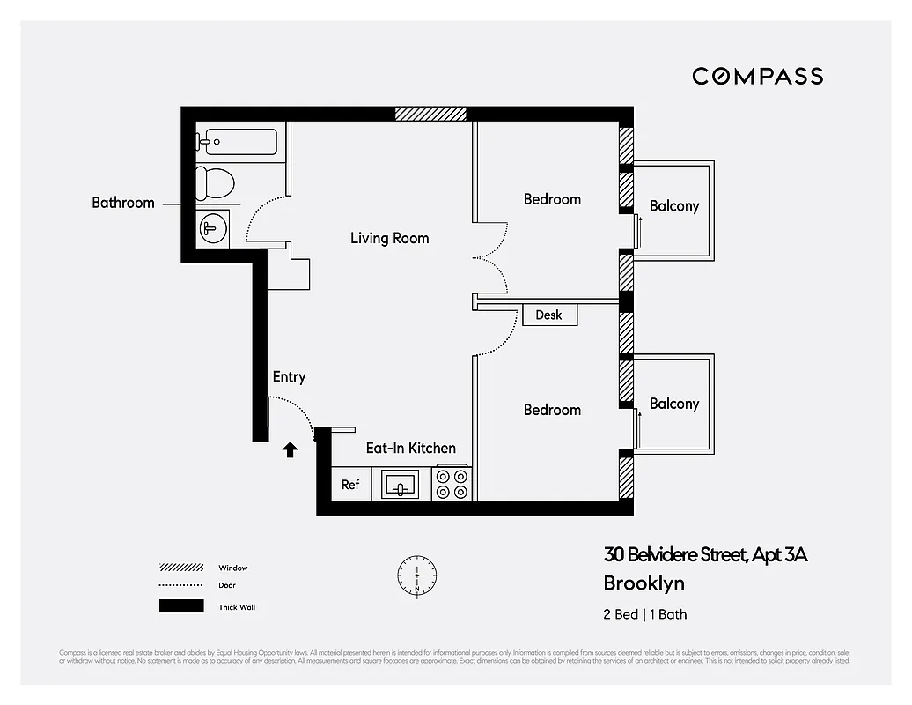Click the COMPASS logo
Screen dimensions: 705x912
click(x=757, y=76)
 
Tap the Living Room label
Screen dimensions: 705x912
click(x=389, y=238)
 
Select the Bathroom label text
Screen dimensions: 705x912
click(x=123, y=203)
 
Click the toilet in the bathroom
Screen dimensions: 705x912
click(x=215, y=182)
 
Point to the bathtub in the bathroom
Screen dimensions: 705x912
click(x=237, y=140)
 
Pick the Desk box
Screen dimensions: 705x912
click(x=549, y=315)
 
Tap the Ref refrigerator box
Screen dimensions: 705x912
click(x=350, y=485)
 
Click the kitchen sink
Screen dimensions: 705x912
click(x=401, y=485)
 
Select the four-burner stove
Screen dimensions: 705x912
click(x=452, y=484)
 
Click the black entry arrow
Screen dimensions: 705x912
click(x=290, y=449)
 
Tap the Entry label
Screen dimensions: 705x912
click(x=289, y=377)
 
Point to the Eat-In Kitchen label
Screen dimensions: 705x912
click(x=411, y=449)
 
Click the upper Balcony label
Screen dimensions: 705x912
click(x=673, y=206)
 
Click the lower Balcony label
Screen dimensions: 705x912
click(x=673, y=404)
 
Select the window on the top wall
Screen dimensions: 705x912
click(x=430, y=114)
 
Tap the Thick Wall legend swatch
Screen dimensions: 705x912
click(x=181, y=606)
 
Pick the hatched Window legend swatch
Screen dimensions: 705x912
click(x=181, y=568)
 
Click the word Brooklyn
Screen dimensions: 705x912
click(x=644, y=583)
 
